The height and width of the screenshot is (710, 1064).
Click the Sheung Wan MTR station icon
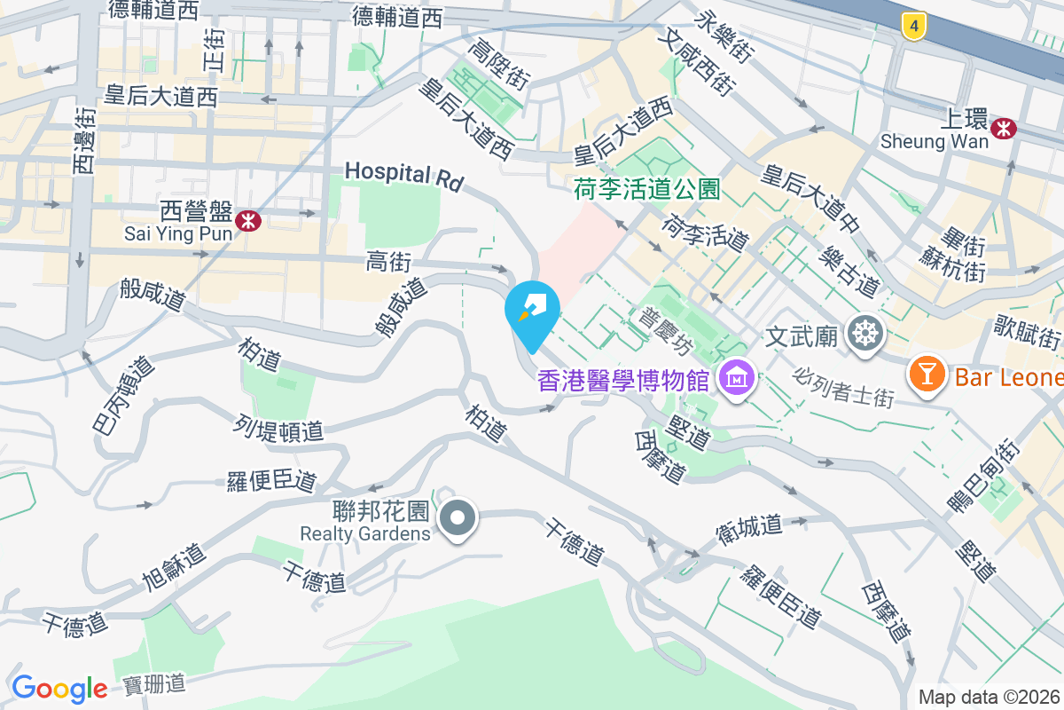[x=1005, y=129]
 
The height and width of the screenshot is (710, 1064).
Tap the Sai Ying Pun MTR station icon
[x=248, y=220]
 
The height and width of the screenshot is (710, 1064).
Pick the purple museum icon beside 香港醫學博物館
[x=736, y=380]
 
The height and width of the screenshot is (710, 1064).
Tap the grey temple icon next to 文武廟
[x=863, y=335]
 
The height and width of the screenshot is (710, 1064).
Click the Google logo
[x=59, y=689]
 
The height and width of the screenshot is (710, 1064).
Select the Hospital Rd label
[x=404, y=176]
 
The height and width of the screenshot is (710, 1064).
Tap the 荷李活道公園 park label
[x=646, y=189]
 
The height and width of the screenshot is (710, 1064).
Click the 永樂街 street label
[x=724, y=36]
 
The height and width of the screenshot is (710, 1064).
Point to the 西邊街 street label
[x=83, y=141]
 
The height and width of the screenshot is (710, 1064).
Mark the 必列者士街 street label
[x=844, y=388]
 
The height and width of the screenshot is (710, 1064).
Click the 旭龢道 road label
[x=174, y=568]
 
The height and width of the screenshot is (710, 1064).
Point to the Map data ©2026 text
[x=989, y=697]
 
